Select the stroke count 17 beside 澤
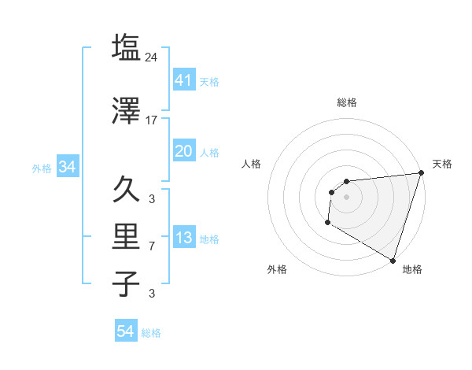click(153, 120)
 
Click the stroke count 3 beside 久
click(153, 199)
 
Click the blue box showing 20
click(184, 151)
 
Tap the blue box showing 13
click(184, 238)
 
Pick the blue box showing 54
click(126, 331)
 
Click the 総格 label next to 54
click(151, 333)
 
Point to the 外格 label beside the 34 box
click(42, 168)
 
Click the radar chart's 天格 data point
click(421, 174)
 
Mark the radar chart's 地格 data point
click(392, 260)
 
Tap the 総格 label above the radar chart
click(346, 102)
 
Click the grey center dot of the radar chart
click(346, 197)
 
